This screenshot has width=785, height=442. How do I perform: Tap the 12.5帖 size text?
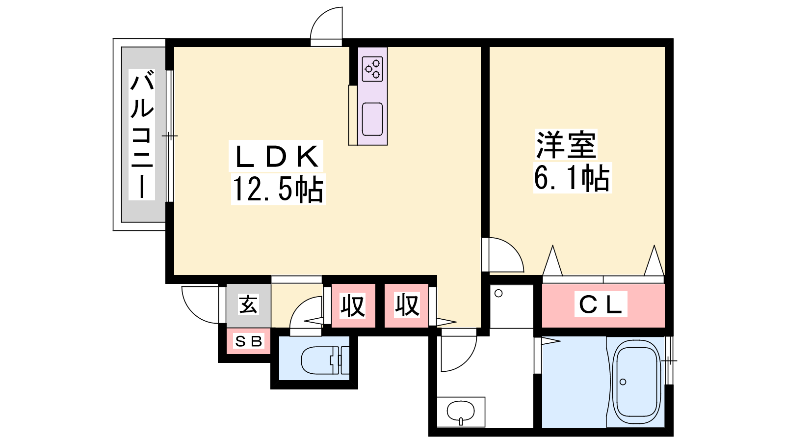coord(278,190)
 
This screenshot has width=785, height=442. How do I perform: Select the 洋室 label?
coord(566,144)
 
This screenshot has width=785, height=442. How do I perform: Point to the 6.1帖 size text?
coord(572,178)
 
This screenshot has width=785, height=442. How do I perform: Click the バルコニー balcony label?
coord(142,135)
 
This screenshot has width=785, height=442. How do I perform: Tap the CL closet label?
coord(601,304)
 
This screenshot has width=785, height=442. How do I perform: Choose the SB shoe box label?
coord(248,341)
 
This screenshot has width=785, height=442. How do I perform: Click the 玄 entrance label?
coord(248,304)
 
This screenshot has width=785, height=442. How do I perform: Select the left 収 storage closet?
coord(353,305)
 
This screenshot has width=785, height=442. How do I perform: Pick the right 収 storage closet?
coord(407,305)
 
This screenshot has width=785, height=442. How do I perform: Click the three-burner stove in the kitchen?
coord(372,69)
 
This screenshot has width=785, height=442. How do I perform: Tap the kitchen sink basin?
coord(372,119)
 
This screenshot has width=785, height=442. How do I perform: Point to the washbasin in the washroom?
coord(461,412)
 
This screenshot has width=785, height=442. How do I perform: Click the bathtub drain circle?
coord(623,382)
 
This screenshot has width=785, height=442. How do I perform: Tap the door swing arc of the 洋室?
coord(513,248)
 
